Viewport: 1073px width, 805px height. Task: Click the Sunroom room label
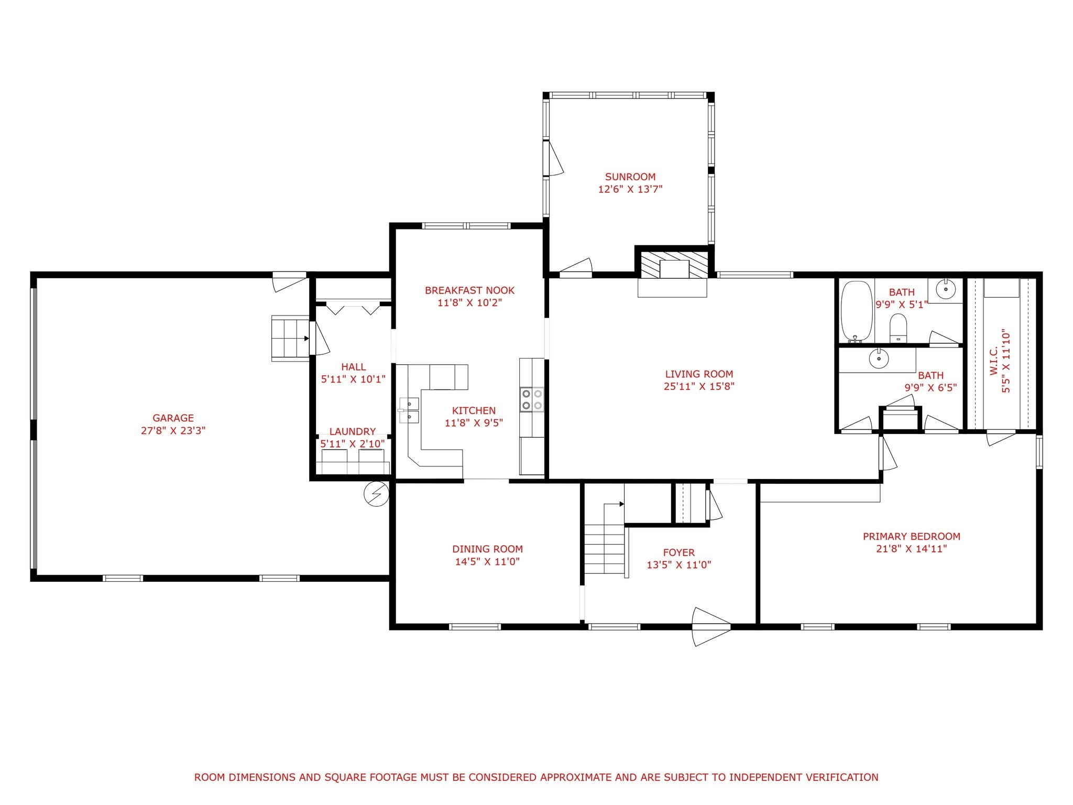630,177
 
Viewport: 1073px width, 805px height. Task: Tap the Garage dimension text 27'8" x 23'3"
173,431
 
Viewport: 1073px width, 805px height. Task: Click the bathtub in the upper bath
857,311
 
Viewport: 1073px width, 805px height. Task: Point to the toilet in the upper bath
899,328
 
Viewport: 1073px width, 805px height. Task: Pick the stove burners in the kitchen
532,399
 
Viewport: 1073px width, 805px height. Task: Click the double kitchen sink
409,410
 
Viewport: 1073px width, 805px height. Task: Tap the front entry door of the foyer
711,626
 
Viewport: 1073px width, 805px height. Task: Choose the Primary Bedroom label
912,537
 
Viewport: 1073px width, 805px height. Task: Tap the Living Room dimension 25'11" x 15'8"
699,387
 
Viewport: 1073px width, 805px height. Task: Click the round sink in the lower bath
879,359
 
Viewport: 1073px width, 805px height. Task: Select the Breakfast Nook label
470,290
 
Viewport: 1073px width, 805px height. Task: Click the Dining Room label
488,549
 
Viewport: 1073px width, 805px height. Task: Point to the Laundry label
353,432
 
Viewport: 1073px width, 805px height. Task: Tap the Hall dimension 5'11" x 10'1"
354,379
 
